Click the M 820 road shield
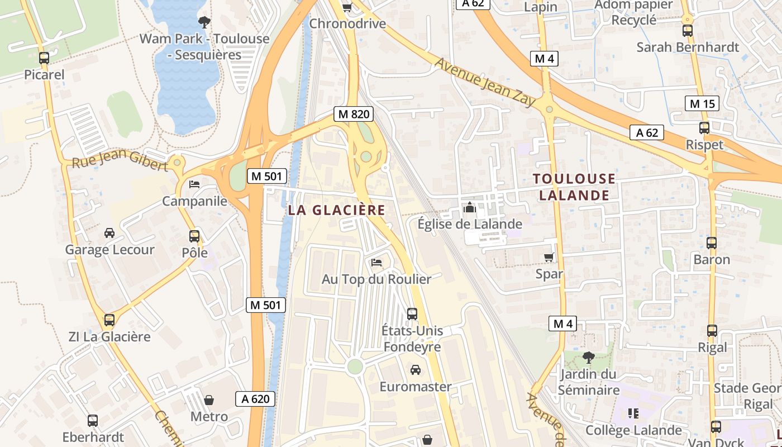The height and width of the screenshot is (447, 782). point(354,114)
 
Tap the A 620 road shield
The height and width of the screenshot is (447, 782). point(256,399)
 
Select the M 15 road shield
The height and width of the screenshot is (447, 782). point(702,103)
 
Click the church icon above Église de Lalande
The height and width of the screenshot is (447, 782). point(470,207)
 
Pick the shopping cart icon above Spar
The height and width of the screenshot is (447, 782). point(549,257)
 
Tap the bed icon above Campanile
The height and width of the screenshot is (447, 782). point(194,184)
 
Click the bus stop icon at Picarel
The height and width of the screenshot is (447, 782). point(44,58)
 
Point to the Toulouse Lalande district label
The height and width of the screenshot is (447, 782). point(574,187)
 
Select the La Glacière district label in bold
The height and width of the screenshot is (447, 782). point(337,211)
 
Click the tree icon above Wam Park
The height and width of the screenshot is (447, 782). point(204,22)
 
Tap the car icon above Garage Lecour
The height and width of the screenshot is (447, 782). point(109,232)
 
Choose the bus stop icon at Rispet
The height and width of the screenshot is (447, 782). point(704,128)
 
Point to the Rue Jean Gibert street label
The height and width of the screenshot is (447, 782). point(120,161)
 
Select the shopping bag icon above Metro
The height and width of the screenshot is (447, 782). point(209,400)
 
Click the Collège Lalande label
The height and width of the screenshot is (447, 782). point(633,430)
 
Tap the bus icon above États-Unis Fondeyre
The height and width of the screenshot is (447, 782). point(412,313)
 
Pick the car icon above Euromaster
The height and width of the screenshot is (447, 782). point(416,369)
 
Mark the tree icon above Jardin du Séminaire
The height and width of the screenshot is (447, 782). point(588,357)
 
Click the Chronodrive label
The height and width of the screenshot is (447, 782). point(347,24)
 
